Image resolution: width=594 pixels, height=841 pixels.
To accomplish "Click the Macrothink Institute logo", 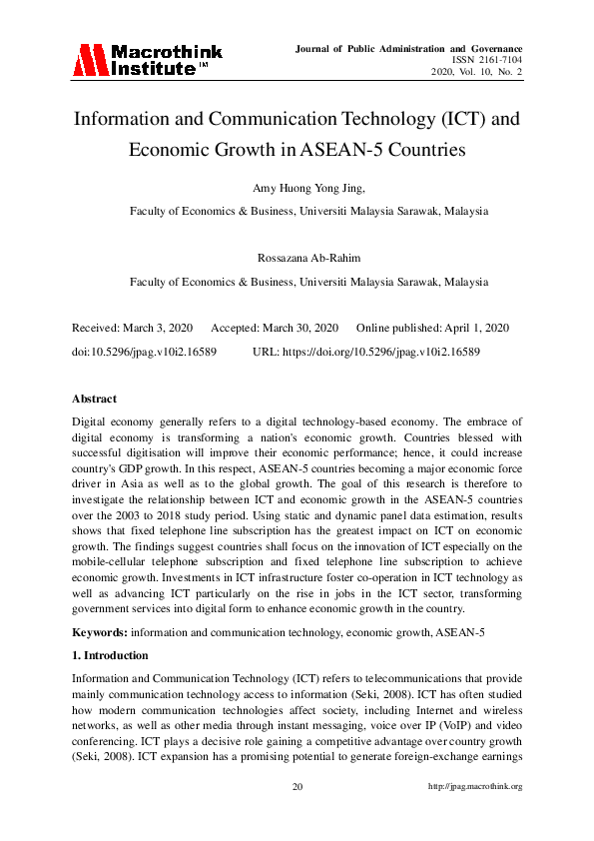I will pos(147,60).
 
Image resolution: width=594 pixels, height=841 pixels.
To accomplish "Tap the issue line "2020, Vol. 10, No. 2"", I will pos(476,73).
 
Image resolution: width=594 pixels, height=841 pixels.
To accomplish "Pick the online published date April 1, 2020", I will pos(475,329).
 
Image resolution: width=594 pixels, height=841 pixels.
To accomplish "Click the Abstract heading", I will pos(95,400).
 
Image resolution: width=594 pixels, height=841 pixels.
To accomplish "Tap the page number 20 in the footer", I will pos(297,787).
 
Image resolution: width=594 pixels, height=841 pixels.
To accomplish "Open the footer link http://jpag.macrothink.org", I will pos(475,787).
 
